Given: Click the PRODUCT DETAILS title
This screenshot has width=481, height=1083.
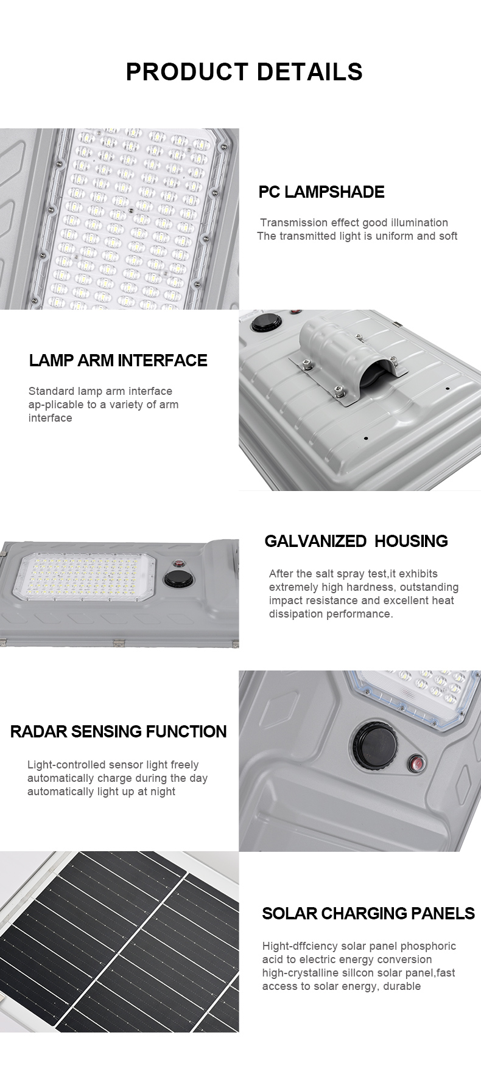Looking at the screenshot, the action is [x=244, y=72].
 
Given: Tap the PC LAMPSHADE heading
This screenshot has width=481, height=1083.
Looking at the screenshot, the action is [x=321, y=192].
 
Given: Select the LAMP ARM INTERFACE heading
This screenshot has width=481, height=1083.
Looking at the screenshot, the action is [x=118, y=360].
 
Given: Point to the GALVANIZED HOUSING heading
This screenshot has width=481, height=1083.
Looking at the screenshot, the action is [x=356, y=541].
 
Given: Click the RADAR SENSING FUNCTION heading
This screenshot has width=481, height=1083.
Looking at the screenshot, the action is [x=118, y=731].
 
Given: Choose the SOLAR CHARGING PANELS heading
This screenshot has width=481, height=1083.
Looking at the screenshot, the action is [x=368, y=913].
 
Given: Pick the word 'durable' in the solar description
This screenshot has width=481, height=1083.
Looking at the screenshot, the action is [x=402, y=986].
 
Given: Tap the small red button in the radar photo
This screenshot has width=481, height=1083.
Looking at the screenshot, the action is [x=416, y=763].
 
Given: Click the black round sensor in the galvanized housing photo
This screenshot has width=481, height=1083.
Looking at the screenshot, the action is [x=177, y=576].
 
